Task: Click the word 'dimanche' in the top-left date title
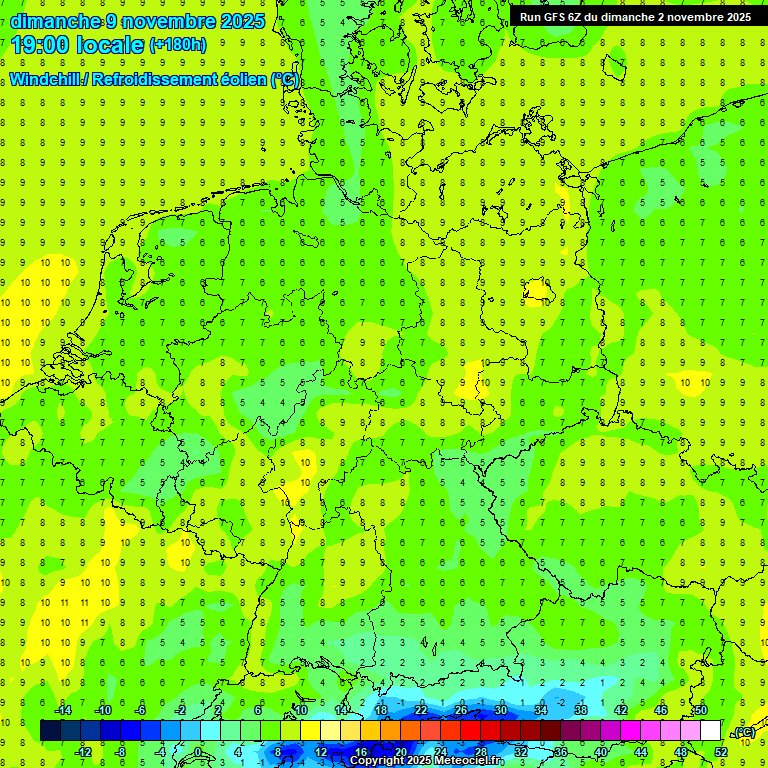(55, 21)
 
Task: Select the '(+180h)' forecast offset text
(178, 45)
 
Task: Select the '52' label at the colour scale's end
(721, 752)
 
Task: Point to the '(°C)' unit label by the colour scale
(744, 732)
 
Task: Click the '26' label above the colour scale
(461, 710)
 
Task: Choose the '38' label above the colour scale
(581, 710)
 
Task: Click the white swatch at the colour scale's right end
(710, 731)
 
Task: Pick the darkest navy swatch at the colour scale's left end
(50, 731)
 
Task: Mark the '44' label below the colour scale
(641, 752)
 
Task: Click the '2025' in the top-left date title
(244, 21)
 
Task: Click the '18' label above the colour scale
(381, 710)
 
